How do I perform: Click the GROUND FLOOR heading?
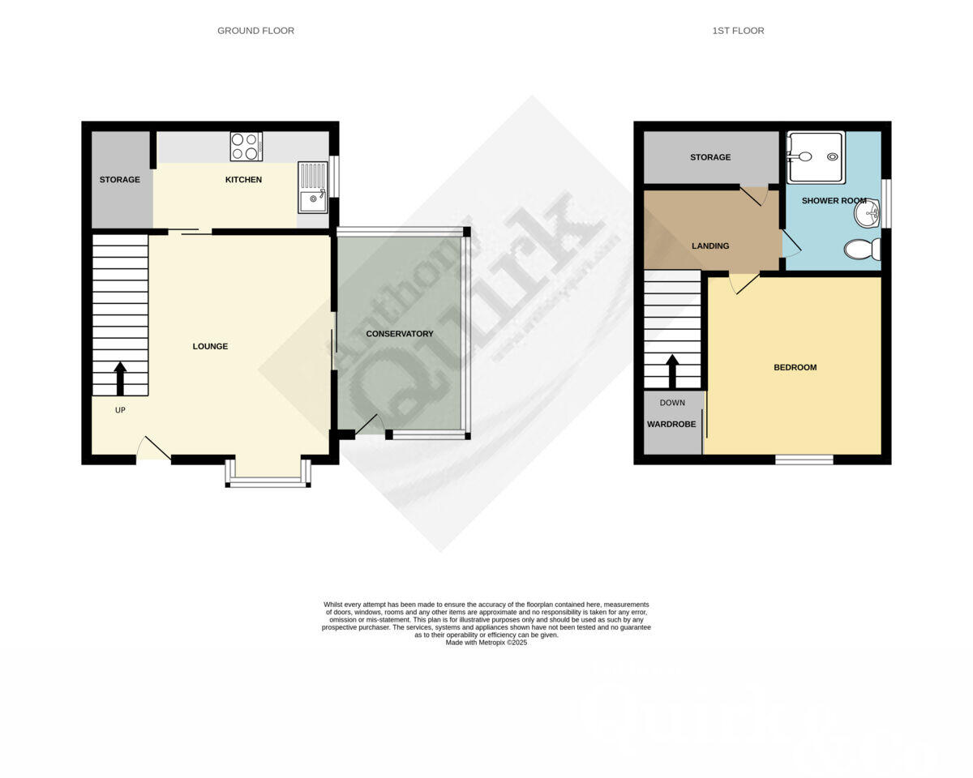click(x=255, y=31)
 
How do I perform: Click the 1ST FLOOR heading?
click(x=738, y=31)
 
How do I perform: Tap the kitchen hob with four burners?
click(x=246, y=147)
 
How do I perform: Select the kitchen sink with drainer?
click(x=312, y=187)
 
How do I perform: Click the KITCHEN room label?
click(x=243, y=180)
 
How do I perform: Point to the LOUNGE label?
click(x=210, y=347)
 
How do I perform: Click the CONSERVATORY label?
click(x=400, y=334)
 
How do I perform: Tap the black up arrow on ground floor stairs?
click(x=120, y=378)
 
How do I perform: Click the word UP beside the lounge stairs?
click(x=120, y=410)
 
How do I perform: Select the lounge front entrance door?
click(x=152, y=449)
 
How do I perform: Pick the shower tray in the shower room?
click(x=816, y=157)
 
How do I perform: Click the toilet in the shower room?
click(x=862, y=249)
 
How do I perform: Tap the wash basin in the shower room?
click(x=867, y=215)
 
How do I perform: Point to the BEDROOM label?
click(x=795, y=368)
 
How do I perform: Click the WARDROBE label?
click(x=671, y=424)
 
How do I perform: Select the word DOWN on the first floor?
click(x=672, y=403)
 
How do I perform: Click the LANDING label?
click(x=710, y=246)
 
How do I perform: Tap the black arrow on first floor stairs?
click(x=672, y=370)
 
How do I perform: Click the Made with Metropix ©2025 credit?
click(x=486, y=643)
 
